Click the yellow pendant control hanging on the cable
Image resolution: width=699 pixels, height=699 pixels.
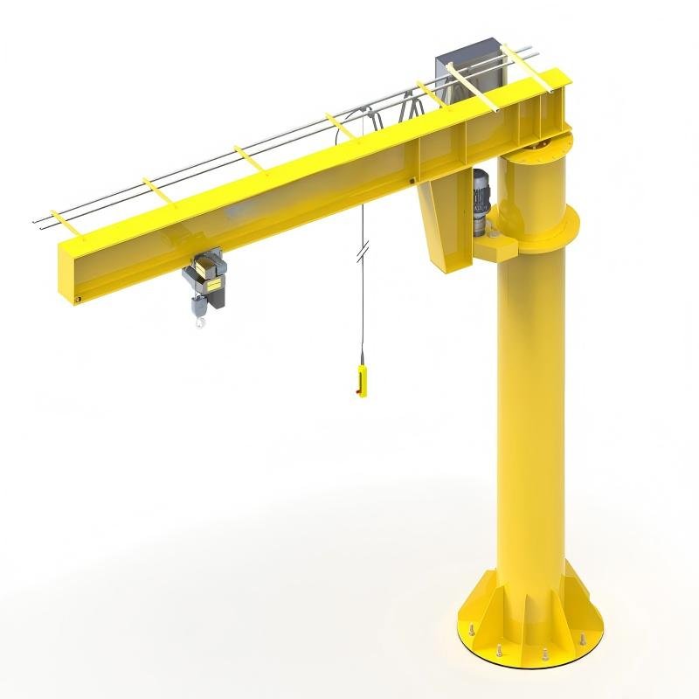[361, 382]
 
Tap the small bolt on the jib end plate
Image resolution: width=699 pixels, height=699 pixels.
[78, 300]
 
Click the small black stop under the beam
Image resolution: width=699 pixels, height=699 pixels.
[412, 182]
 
